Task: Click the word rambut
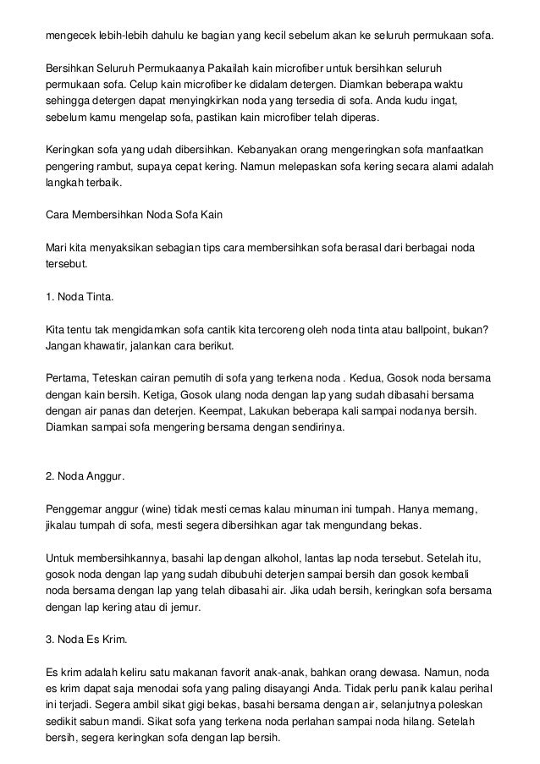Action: (x=126, y=166)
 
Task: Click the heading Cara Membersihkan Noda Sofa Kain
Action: (x=134, y=214)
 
